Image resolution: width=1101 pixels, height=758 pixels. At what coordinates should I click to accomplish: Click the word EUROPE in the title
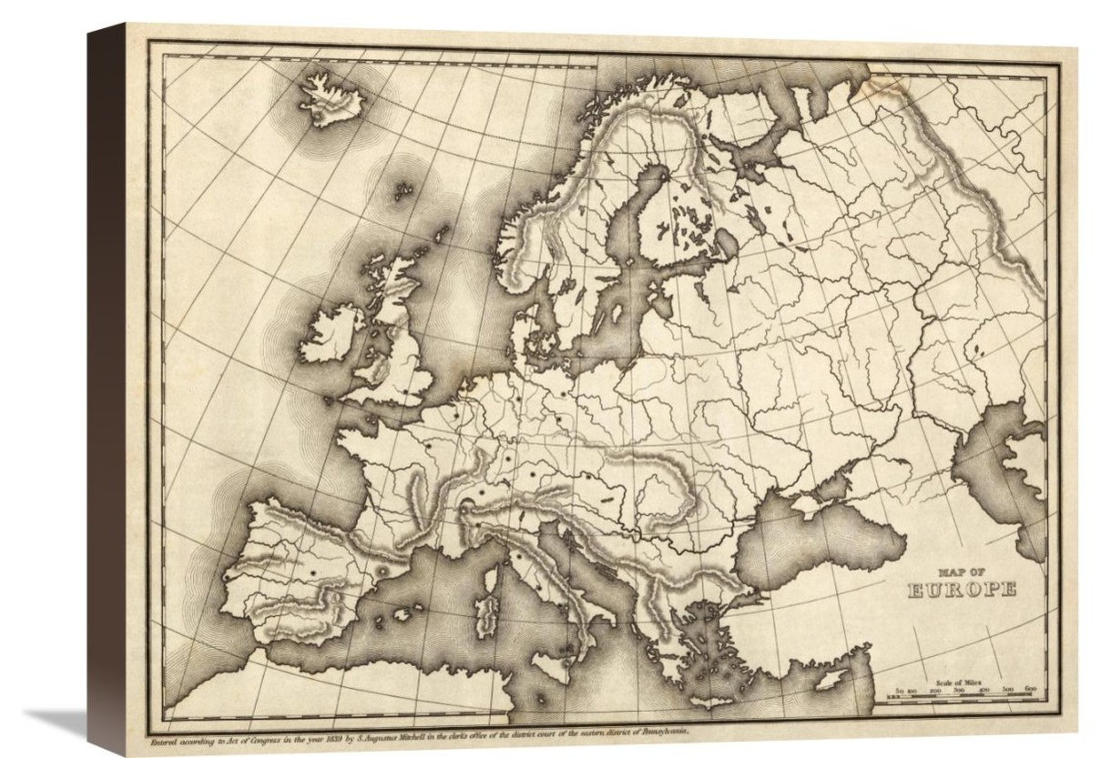pyautogui.click(x=963, y=591)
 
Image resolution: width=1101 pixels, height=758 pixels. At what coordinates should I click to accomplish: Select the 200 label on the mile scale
pyautogui.click(x=935, y=691)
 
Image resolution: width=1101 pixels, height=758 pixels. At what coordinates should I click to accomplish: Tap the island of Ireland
pyautogui.click(x=333, y=331)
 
